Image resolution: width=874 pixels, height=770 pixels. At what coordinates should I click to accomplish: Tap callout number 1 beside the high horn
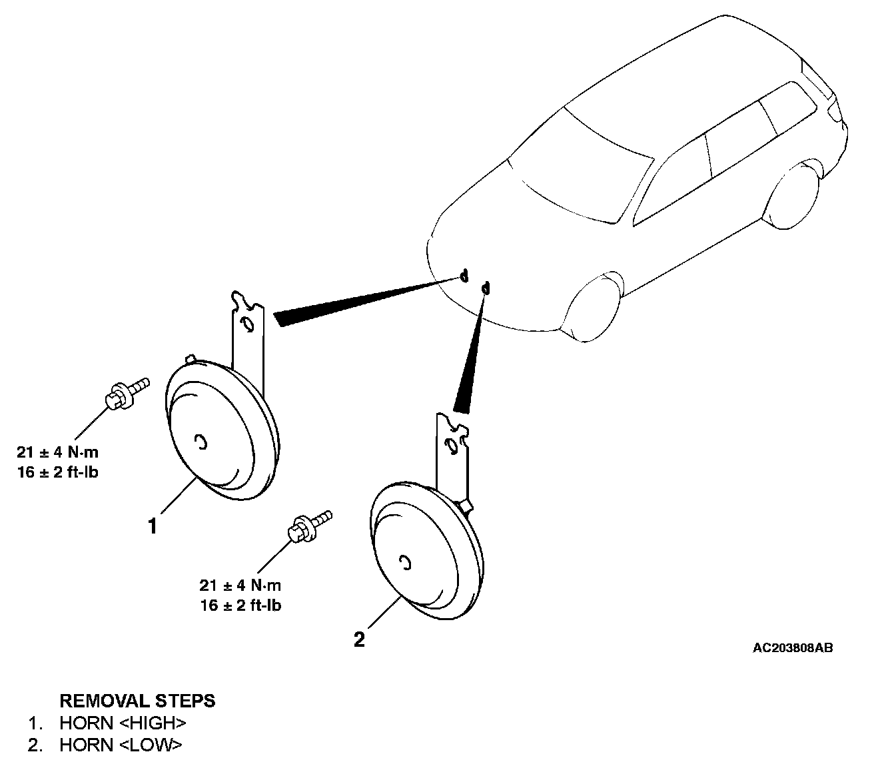tap(153, 527)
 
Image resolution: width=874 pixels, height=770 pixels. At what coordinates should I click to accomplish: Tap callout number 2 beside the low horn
tap(359, 640)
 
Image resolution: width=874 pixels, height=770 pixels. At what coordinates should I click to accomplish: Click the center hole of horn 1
tap(201, 442)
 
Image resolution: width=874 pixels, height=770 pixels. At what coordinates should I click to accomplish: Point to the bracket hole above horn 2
tap(451, 444)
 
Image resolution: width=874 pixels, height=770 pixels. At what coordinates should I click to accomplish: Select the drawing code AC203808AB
tap(793, 647)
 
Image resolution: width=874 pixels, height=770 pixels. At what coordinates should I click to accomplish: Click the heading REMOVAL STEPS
tap(137, 701)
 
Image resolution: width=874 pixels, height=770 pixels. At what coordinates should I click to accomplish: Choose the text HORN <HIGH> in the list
tap(123, 723)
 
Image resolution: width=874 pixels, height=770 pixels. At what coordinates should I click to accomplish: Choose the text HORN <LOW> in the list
tap(120, 745)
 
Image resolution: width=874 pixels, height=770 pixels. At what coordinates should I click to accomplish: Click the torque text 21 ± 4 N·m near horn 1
tap(58, 452)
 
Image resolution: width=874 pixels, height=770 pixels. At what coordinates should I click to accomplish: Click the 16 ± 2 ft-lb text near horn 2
tap(240, 605)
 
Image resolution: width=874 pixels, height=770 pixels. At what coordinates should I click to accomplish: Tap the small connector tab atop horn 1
tap(191, 360)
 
